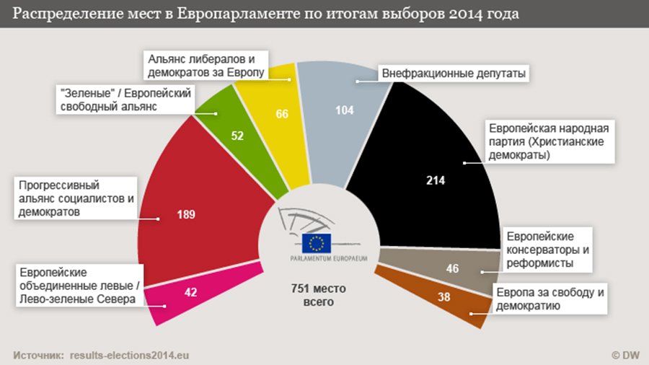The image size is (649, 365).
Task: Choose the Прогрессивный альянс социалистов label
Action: [x=73, y=198]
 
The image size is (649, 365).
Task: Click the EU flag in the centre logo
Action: [x=317, y=243]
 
